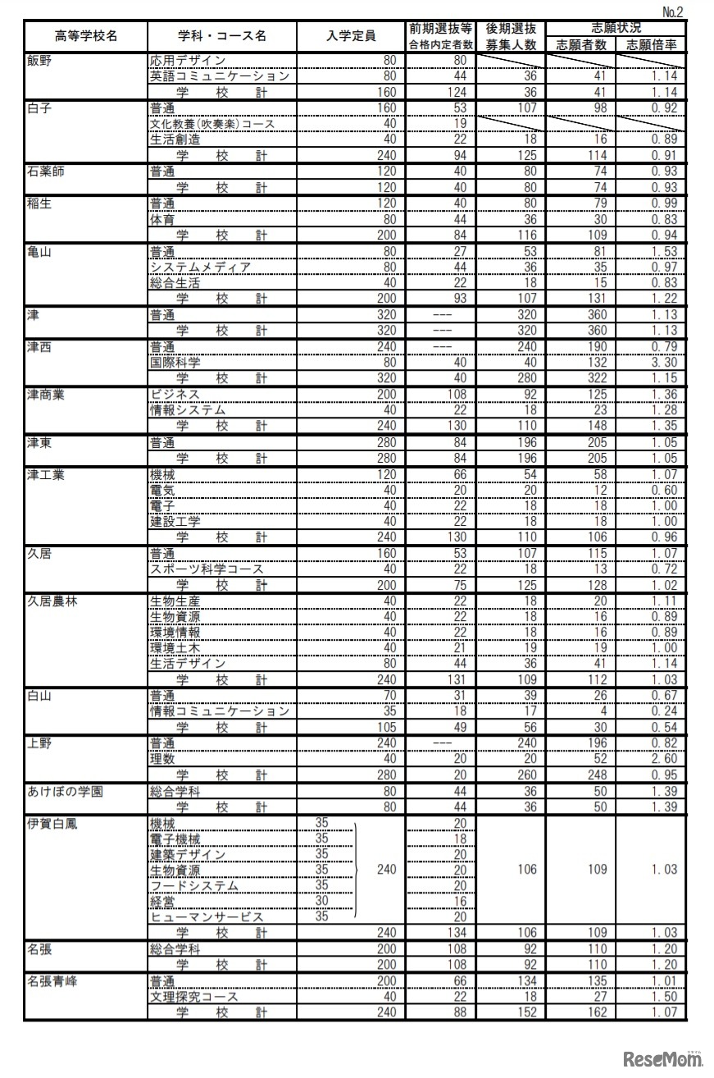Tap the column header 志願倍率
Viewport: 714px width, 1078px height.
653,45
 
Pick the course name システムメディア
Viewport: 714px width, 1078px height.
200,267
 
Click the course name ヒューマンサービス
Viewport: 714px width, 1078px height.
207,916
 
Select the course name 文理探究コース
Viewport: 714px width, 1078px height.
194,996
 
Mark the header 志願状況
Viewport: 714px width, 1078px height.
617,29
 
